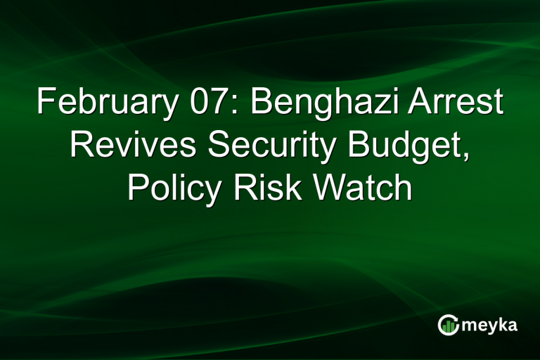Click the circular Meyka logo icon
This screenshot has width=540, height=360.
click(448, 324)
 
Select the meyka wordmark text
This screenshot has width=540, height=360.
click(491, 325)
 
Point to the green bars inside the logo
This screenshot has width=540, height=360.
click(448, 326)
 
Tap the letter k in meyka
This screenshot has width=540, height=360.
click(503, 324)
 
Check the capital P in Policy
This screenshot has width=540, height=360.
click(138, 189)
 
